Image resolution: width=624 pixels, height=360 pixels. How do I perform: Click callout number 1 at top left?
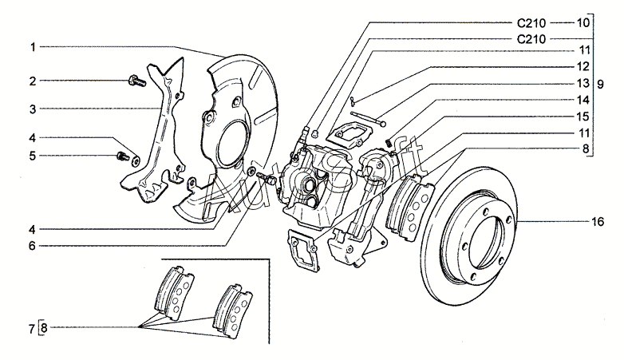coord(33,48)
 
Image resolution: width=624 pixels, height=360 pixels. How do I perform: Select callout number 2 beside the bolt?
coord(33,81)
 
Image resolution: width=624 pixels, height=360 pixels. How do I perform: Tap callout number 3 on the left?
coord(33,108)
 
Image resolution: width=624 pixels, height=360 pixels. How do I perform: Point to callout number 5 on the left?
coord(33,156)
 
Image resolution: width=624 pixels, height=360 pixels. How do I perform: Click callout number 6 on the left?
coord(33,245)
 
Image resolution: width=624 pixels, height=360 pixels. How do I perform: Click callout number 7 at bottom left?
coord(32,327)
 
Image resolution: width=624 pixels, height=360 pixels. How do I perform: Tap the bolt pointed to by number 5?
coord(124,154)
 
